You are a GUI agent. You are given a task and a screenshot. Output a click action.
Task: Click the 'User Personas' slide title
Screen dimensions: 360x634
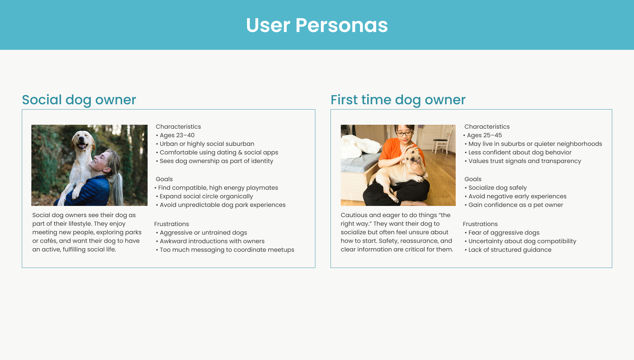click(317, 25)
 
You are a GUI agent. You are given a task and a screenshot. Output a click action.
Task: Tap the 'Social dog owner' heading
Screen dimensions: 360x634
click(79, 100)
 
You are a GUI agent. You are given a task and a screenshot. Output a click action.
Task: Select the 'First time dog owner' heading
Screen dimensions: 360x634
click(398, 100)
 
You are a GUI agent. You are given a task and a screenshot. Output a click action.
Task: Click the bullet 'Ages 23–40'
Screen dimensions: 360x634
click(177, 135)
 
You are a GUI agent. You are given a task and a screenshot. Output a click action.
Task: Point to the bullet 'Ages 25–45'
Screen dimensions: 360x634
click(484, 135)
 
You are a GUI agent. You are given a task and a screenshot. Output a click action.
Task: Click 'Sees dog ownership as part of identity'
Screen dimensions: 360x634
click(216, 161)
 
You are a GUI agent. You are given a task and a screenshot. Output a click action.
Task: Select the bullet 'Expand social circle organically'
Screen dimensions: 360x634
click(206, 196)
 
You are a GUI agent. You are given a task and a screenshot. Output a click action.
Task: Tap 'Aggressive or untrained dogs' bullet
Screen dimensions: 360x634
click(203, 233)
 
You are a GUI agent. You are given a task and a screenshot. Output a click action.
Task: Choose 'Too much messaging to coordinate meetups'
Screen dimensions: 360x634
click(227, 250)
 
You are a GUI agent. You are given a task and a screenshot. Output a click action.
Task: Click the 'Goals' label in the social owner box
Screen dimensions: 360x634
click(164, 179)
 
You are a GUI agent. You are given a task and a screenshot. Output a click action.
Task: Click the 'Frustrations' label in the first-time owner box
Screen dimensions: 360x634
click(480, 224)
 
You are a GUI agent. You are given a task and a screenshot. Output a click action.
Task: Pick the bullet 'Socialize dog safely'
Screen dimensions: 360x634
click(497, 188)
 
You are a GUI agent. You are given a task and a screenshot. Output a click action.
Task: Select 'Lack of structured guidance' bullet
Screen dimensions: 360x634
click(510, 250)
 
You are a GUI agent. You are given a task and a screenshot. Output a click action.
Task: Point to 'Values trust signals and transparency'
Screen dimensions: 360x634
click(524, 161)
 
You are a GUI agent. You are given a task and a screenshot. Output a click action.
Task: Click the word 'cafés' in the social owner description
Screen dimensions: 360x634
click(48, 241)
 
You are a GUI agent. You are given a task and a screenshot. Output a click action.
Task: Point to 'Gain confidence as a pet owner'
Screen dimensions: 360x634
click(515, 205)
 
